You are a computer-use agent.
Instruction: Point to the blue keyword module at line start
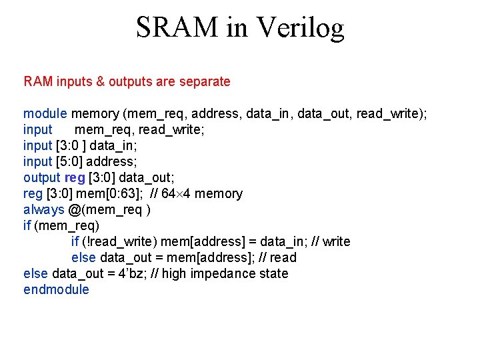coord(45,114)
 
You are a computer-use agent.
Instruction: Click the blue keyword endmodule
coord(56,290)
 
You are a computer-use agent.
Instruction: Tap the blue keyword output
coord(41,178)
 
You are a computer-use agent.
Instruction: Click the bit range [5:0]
coord(73,162)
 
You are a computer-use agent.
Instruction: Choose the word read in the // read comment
coord(283,258)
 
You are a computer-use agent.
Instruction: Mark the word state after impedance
coord(273,274)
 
